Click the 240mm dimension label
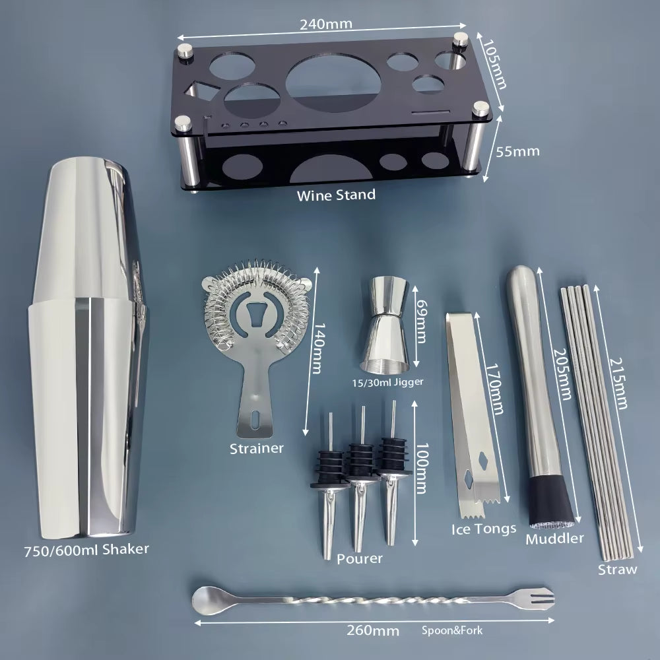pyautogui.click(x=326, y=24)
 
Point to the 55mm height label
pyautogui.click(x=517, y=151)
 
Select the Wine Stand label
pyautogui.click(x=336, y=195)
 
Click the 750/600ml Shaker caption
pyautogui.click(x=86, y=550)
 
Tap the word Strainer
pyautogui.click(x=257, y=448)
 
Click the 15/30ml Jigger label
pyautogui.click(x=387, y=382)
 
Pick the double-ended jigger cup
pyautogui.click(x=385, y=324)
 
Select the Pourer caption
pyautogui.click(x=360, y=558)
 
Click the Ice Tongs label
pyautogui.click(x=484, y=529)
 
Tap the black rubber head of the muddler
pyautogui.click(x=551, y=501)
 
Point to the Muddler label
pyautogui.click(x=554, y=539)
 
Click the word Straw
pyautogui.click(x=618, y=570)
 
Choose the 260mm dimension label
pyautogui.click(x=373, y=630)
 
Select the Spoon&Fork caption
pyautogui.click(x=452, y=630)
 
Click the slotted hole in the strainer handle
pyautogui.click(x=255, y=420)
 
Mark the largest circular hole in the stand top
pyautogui.click(x=333, y=82)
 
